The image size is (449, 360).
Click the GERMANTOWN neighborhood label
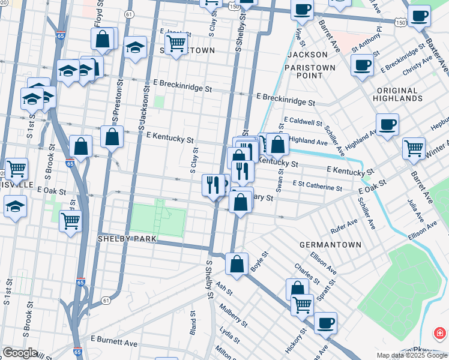pyautogui.click(x=330, y=245)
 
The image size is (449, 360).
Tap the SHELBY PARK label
pyautogui.click(x=127, y=239)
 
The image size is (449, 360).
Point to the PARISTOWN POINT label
pyautogui.click(x=310, y=71)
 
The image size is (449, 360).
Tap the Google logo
pyautogui.click(x=20, y=353)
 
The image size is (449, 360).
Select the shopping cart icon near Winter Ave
pyautogui.click(x=414, y=147)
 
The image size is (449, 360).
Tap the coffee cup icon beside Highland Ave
pyautogui.click(x=387, y=124)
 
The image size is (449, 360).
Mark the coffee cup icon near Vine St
pyautogui.click(x=302, y=9)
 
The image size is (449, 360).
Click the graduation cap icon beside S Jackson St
pyautogui.click(x=135, y=46)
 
